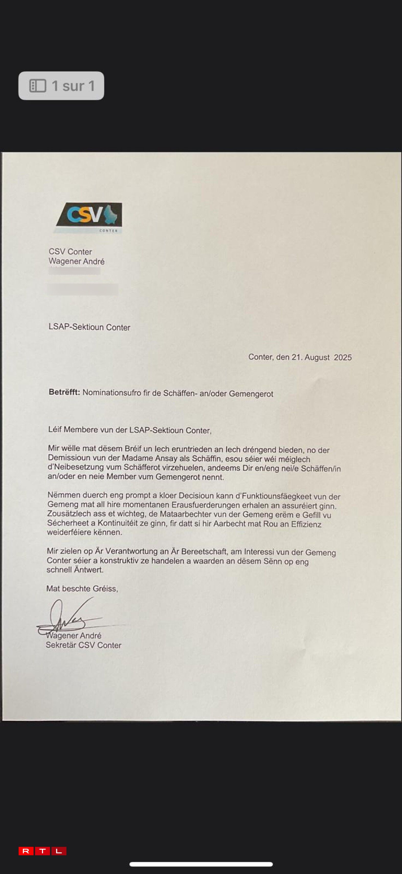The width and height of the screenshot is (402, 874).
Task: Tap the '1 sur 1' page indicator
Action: (61, 86)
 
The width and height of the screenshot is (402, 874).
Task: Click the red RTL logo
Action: (42, 851)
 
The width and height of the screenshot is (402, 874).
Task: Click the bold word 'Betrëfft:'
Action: (64, 392)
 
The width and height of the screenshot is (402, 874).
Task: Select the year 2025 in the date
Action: (343, 357)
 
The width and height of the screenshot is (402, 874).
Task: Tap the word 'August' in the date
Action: (317, 357)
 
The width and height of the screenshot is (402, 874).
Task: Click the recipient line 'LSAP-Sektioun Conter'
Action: (89, 327)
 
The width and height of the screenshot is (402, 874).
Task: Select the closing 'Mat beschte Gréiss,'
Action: (82, 589)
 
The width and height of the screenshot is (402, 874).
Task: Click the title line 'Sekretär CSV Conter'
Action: (83, 645)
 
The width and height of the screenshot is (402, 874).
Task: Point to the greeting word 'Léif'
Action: (55, 429)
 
